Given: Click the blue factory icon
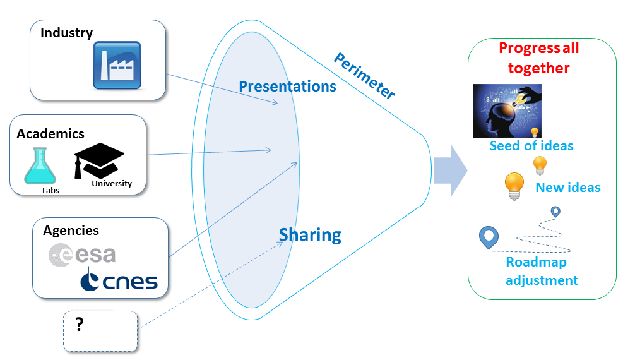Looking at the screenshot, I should [117, 65].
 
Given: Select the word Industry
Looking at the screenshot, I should [66, 33].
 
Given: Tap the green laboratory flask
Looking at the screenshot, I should [40, 166].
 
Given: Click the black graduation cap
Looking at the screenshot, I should [99, 160].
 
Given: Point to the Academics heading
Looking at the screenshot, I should [50, 133].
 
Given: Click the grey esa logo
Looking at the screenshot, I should [82, 254].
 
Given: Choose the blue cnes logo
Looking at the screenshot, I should [119, 279].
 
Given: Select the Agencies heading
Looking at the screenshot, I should [71, 231].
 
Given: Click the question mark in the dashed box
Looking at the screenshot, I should [80, 325].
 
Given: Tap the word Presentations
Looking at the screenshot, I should [287, 86].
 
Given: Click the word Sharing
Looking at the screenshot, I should [310, 235].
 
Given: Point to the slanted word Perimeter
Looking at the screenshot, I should [364, 76].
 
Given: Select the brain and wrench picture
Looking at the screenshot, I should [507, 111].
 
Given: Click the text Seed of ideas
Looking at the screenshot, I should [531, 146].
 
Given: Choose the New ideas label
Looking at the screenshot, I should [568, 187].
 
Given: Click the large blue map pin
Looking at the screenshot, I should [489, 237].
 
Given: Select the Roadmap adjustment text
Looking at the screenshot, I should [542, 271].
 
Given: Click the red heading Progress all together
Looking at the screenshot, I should [538, 58].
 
